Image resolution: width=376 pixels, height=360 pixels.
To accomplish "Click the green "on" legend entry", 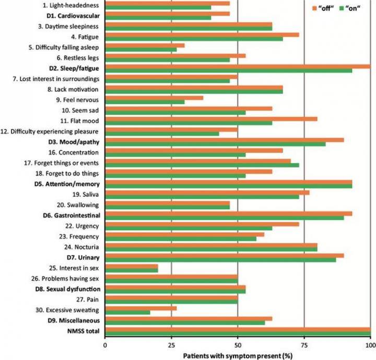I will tap(353, 8).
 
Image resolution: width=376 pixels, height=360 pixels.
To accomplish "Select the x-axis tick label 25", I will tap(171, 345).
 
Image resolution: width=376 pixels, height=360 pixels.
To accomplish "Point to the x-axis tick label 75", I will tap(304, 345).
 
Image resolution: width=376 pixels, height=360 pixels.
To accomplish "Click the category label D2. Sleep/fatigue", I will tap(75, 68).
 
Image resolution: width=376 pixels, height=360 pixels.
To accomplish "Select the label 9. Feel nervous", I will tap(80, 99).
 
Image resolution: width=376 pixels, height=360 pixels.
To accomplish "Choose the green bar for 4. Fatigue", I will tap(194, 39).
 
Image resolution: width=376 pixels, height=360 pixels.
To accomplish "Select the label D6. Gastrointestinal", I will tap(72, 215).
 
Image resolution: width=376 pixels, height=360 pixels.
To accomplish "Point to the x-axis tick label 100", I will tap(370, 345).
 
